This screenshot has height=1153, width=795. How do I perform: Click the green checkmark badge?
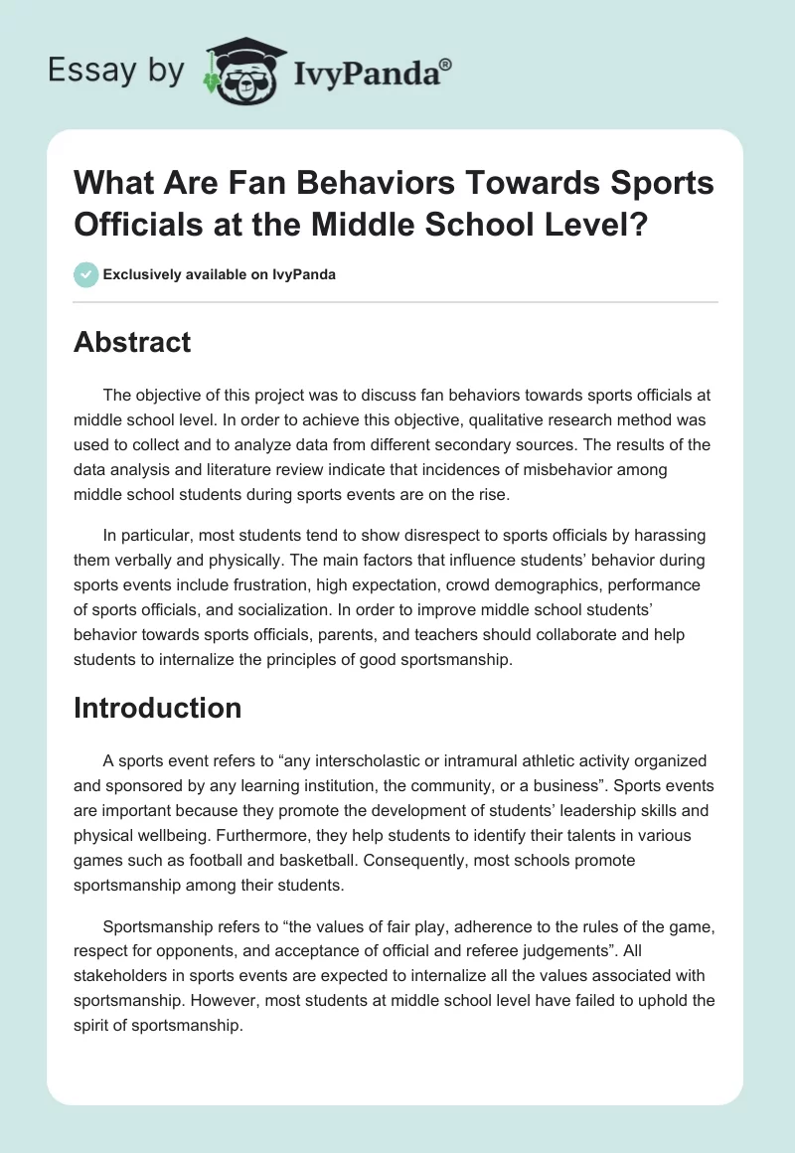[86, 274]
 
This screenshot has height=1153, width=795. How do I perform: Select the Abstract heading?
[132, 342]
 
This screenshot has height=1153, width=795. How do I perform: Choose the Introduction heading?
[157, 708]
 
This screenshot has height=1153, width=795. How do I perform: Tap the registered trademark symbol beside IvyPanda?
[446, 62]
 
